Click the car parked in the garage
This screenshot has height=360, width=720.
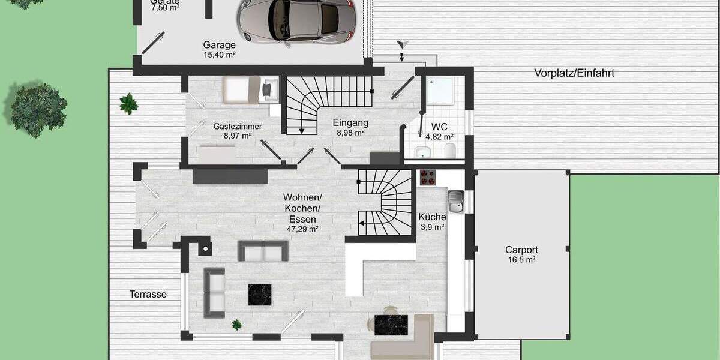(x=295, y=20)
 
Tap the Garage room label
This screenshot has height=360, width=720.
(x=219, y=45)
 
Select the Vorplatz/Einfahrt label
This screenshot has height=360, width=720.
(x=574, y=73)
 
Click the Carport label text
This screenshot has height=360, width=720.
(x=521, y=250)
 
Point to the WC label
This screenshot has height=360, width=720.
(x=439, y=127)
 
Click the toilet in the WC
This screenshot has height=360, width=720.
(x=451, y=149)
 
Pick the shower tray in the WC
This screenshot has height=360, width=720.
(x=440, y=90)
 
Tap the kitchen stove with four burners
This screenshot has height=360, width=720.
(x=427, y=176)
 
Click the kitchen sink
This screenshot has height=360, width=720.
(x=455, y=202)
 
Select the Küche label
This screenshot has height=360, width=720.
(x=432, y=217)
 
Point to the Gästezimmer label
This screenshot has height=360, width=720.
(x=236, y=127)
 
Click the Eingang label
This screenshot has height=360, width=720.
(x=350, y=123)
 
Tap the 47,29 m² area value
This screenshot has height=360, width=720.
(x=302, y=229)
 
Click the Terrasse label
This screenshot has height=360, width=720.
(x=148, y=295)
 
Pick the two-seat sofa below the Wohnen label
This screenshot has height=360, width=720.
(x=263, y=251)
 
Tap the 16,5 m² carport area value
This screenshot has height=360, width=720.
(x=521, y=260)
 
